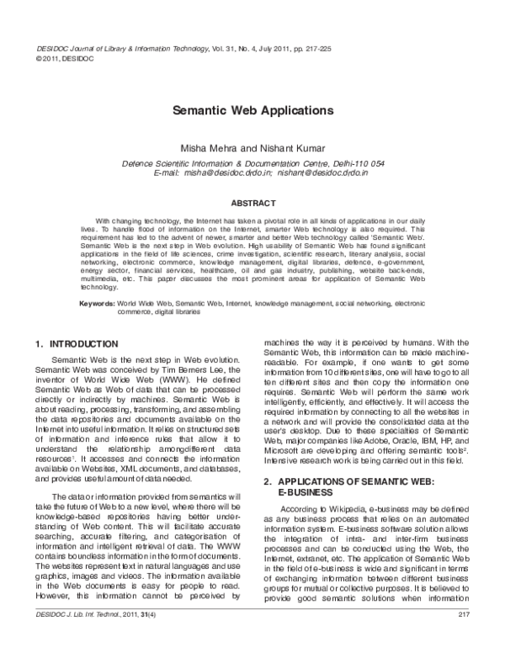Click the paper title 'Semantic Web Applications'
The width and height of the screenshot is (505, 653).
click(252, 110)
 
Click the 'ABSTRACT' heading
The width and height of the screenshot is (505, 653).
click(252, 203)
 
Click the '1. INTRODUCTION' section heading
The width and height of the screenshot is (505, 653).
click(82, 344)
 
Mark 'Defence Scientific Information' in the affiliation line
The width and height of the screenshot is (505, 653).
click(173, 163)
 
